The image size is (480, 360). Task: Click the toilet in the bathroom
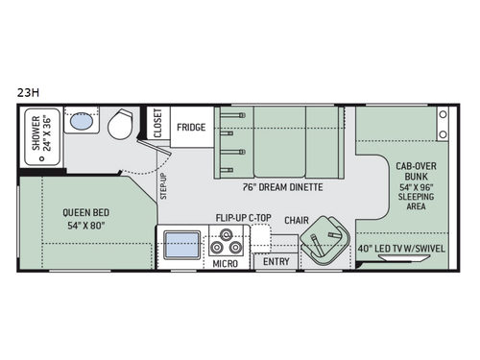[x=121, y=124]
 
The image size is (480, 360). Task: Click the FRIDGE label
[x=190, y=125]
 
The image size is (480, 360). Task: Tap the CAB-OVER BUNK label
[x=419, y=172]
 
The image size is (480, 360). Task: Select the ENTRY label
[x=276, y=261]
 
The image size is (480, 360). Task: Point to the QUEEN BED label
[x=85, y=213]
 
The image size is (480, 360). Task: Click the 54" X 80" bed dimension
[x=85, y=228]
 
